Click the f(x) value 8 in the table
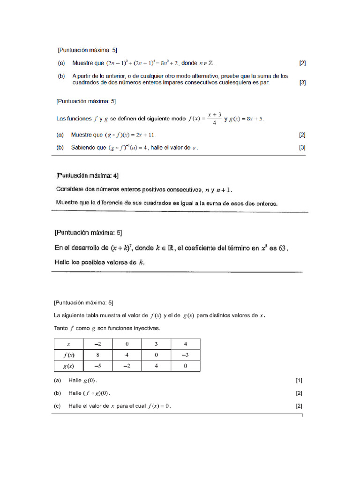click(97, 355)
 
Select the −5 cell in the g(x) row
click(97, 366)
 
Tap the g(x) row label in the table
click(68, 366)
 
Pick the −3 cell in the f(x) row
click(185, 355)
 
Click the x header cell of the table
click(68, 344)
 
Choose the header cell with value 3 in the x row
click(156, 344)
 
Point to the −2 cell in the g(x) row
click(127, 366)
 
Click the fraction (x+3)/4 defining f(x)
click(214, 118)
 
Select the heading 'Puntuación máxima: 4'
click(87, 176)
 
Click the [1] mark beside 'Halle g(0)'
click(299, 380)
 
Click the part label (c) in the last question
click(59, 406)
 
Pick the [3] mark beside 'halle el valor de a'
click(302, 148)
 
